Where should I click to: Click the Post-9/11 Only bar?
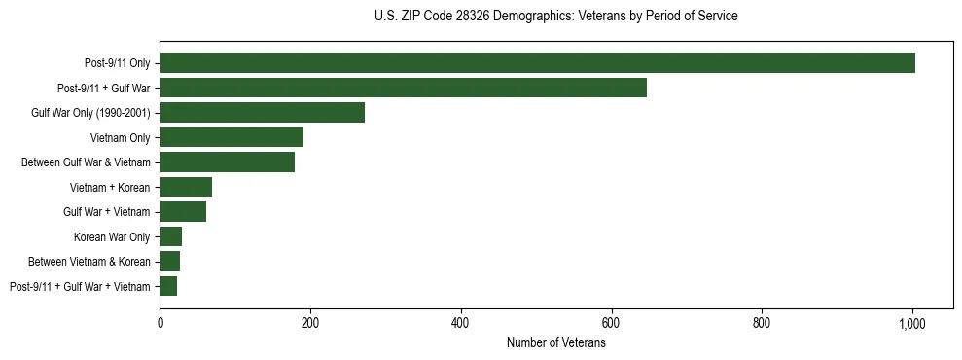(537, 62)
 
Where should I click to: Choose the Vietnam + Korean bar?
(186, 187)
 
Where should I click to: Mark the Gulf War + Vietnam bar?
(183, 211)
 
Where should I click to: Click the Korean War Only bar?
(170, 236)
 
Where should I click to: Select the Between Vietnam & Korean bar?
(169, 261)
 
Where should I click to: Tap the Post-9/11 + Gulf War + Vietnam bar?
(168, 286)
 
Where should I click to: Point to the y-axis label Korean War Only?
(112, 236)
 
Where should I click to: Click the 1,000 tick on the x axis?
(912, 323)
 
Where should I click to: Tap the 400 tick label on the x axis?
(461, 323)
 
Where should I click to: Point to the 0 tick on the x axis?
(160, 323)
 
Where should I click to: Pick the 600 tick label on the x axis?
(611, 323)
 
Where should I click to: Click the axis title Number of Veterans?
(555, 343)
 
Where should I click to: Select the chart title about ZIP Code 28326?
(555, 17)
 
